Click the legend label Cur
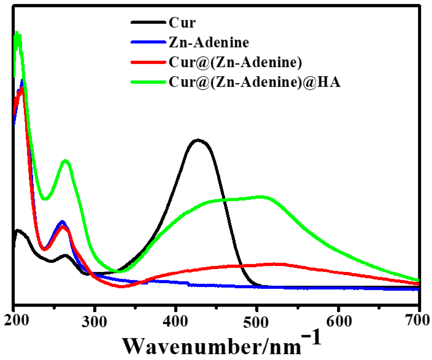(x=182, y=22)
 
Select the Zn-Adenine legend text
(x=209, y=43)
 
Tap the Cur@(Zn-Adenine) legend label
(x=235, y=62)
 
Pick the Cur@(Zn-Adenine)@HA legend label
(x=254, y=82)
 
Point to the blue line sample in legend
(x=148, y=42)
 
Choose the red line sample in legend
(x=148, y=62)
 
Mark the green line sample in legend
(x=148, y=82)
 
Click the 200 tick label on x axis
(x=17, y=321)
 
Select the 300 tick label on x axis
(x=94, y=322)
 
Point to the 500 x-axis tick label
(x=256, y=323)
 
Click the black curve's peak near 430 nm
(x=198, y=140)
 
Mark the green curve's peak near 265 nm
(x=66, y=161)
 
